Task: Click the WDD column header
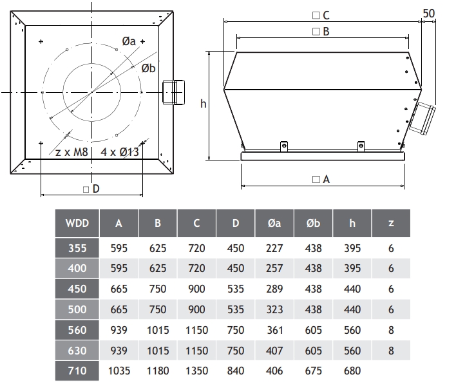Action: tap(77, 223)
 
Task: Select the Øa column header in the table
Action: tap(274, 223)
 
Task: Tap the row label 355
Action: tap(77, 248)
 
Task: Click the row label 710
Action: tap(77, 371)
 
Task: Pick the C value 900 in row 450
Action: tap(196, 289)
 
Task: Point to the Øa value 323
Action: tap(274, 309)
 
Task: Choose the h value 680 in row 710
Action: tap(352, 371)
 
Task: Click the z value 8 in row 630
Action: tap(391, 351)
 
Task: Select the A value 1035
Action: tap(119, 371)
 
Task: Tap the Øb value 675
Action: tap(313, 371)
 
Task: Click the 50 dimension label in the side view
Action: tap(429, 14)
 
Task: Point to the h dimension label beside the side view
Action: tap(204, 103)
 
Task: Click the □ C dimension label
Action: tap(321, 15)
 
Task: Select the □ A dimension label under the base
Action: tap(321, 179)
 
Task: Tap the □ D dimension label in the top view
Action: tap(91, 189)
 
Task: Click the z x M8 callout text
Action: tap(71, 152)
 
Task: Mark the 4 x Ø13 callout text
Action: tap(120, 152)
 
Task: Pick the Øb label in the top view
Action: tap(148, 68)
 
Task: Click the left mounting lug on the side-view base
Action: tap(284, 146)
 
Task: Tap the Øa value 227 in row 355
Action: tap(274, 248)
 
